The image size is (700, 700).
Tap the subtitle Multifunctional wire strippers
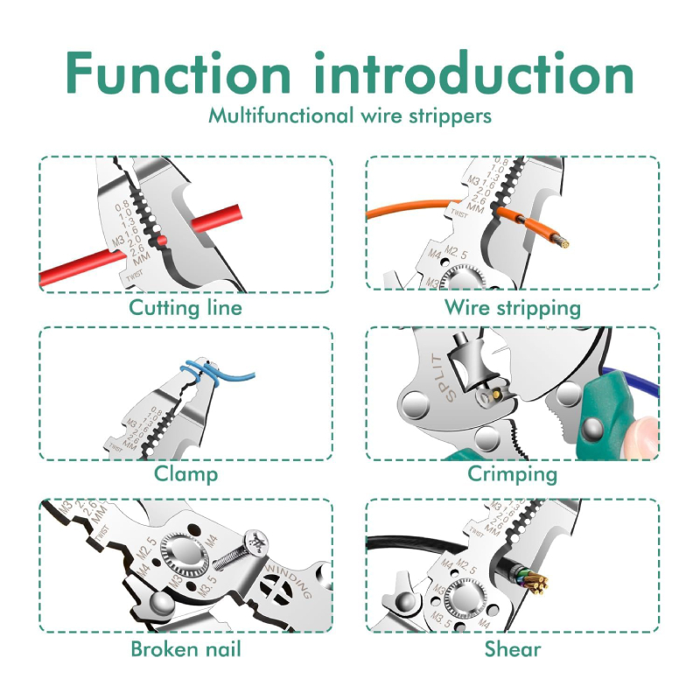click(x=350, y=115)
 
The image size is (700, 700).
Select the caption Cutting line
click(x=185, y=307)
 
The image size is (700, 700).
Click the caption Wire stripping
click(x=512, y=307)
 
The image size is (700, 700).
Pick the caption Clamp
click(x=185, y=474)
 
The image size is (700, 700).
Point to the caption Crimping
click(x=512, y=474)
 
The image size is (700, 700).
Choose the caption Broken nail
click(x=185, y=648)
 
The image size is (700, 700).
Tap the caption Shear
click(x=512, y=648)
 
